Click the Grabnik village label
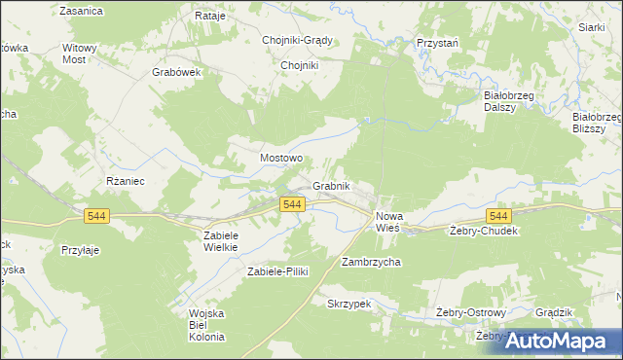(331, 186)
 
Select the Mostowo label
(281, 157)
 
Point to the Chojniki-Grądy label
(298, 41)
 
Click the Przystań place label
(438, 44)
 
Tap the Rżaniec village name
(125, 181)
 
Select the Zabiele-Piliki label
(277, 271)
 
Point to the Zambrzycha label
(371, 263)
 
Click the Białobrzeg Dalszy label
(506, 102)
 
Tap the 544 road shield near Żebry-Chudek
(498, 215)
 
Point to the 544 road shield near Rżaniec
(97, 217)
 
